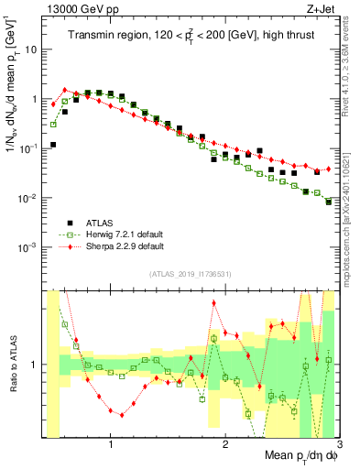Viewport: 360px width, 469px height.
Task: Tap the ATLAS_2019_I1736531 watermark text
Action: click(184, 274)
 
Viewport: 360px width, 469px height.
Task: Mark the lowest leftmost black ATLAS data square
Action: click(53, 145)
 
